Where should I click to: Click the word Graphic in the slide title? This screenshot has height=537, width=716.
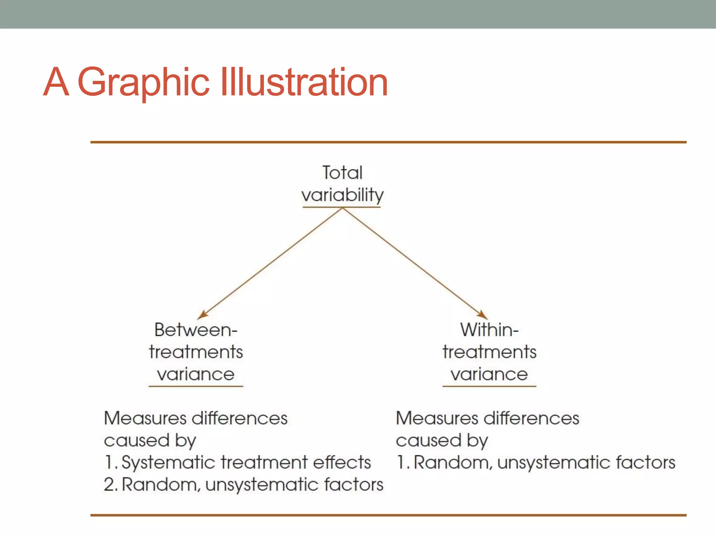click(143, 83)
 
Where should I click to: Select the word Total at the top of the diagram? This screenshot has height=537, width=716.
click(342, 173)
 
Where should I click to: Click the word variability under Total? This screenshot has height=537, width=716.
click(342, 195)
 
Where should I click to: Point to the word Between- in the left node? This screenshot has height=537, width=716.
click(196, 330)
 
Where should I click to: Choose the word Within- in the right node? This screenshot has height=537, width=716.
click(489, 330)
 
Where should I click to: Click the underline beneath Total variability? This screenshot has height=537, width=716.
click(342, 207)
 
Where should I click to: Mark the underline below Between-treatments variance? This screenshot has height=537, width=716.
click(196, 386)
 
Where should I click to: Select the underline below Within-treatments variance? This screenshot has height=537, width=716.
click(489, 386)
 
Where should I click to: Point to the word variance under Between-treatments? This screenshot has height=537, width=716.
click(196, 374)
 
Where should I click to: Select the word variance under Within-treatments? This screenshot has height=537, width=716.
click(489, 374)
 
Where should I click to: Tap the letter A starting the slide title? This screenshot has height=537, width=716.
click(56, 83)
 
